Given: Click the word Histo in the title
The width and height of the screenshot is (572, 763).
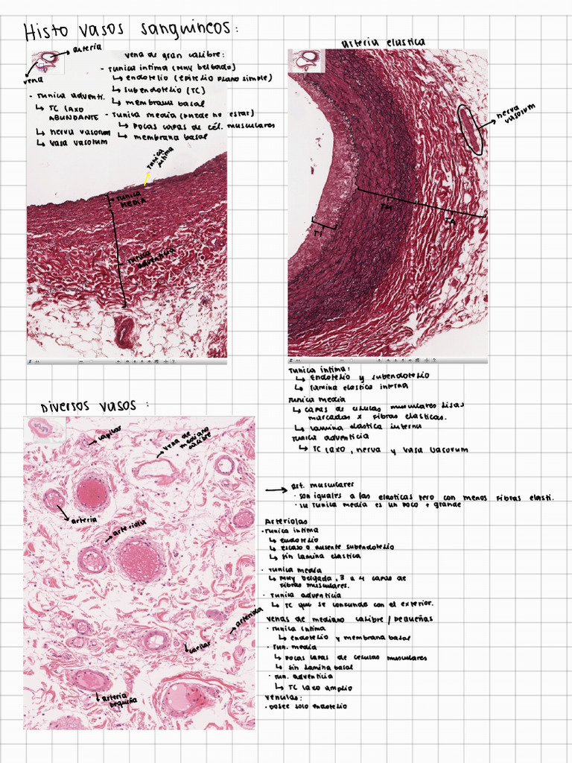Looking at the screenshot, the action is [x=46, y=32].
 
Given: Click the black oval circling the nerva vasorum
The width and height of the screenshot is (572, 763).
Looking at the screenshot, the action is [x=471, y=128].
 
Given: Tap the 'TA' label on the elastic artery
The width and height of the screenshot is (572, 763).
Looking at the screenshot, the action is [x=449, y=222].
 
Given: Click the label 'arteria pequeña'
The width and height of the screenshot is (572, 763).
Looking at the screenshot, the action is [x=119, y=700].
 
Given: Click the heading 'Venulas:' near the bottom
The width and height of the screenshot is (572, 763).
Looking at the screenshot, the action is [x=281, y=697].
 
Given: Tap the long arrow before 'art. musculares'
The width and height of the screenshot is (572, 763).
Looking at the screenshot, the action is [x=276, y=490].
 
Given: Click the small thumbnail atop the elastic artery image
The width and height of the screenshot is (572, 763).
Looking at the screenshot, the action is [x=305, y=60].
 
